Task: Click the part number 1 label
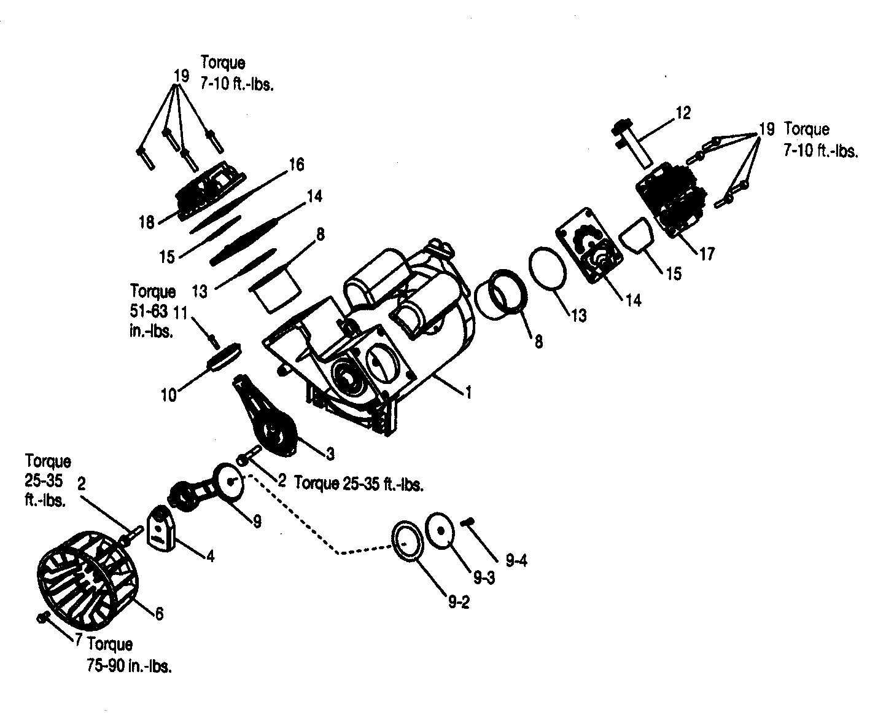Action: (469, 392)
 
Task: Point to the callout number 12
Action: (683, 113)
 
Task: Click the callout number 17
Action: (707, 253)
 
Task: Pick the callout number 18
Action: (146, 222)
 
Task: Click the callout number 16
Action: (297, 165)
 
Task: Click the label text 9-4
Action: (516, 560)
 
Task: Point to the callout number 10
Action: (168, 394)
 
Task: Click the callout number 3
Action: (330, 454)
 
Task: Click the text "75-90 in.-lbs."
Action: (130, 666)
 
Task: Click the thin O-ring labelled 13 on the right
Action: (547, 268)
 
